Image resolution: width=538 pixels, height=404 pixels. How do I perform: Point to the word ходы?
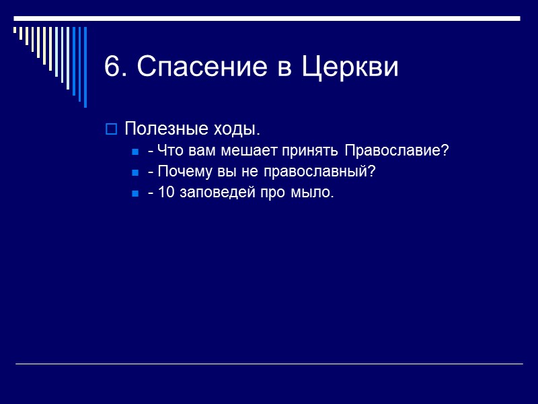coord(236,129)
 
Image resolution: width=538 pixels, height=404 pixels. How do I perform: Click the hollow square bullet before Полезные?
coord(112,129)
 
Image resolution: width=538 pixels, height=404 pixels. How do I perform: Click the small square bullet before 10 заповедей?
coord(135,194)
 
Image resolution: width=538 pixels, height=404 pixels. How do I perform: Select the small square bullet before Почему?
coord(135,172)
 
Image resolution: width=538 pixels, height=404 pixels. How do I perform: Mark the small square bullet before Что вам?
coord(135,151)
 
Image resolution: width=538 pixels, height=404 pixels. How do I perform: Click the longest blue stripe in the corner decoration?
coord(85,67)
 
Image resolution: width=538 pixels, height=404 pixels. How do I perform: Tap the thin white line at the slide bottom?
coord(269,364)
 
